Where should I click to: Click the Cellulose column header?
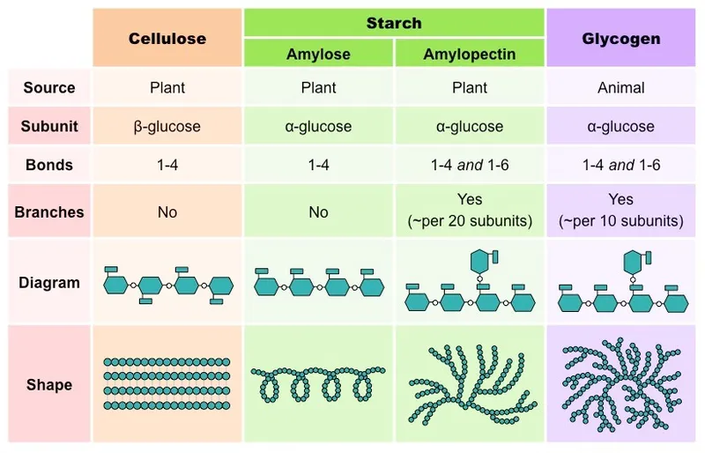pos(167,39)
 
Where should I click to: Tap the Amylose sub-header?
pos(318,54)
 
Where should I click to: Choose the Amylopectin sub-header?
pos(470,54)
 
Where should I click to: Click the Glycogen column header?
pos(621,39)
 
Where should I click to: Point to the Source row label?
pos(49,88)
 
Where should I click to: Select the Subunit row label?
pos(49,126)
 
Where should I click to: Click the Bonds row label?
pos(49,165)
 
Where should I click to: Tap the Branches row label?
pos(49,212)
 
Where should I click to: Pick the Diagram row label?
pos(49,283)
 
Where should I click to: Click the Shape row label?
pos(49,384)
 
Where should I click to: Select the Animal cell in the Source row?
pos(621,88)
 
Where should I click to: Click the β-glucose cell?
pos(167,126)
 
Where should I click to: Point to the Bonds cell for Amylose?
pos(318,165)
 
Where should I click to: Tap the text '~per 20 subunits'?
pos(470,221)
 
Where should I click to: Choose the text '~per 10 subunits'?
pos(621,221)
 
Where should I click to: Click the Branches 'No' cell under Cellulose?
pos(167,212)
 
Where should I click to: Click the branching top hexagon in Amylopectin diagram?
pos(481,261)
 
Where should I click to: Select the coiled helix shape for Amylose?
pos(318,384)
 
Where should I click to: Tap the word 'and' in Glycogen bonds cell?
pos(621,165)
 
